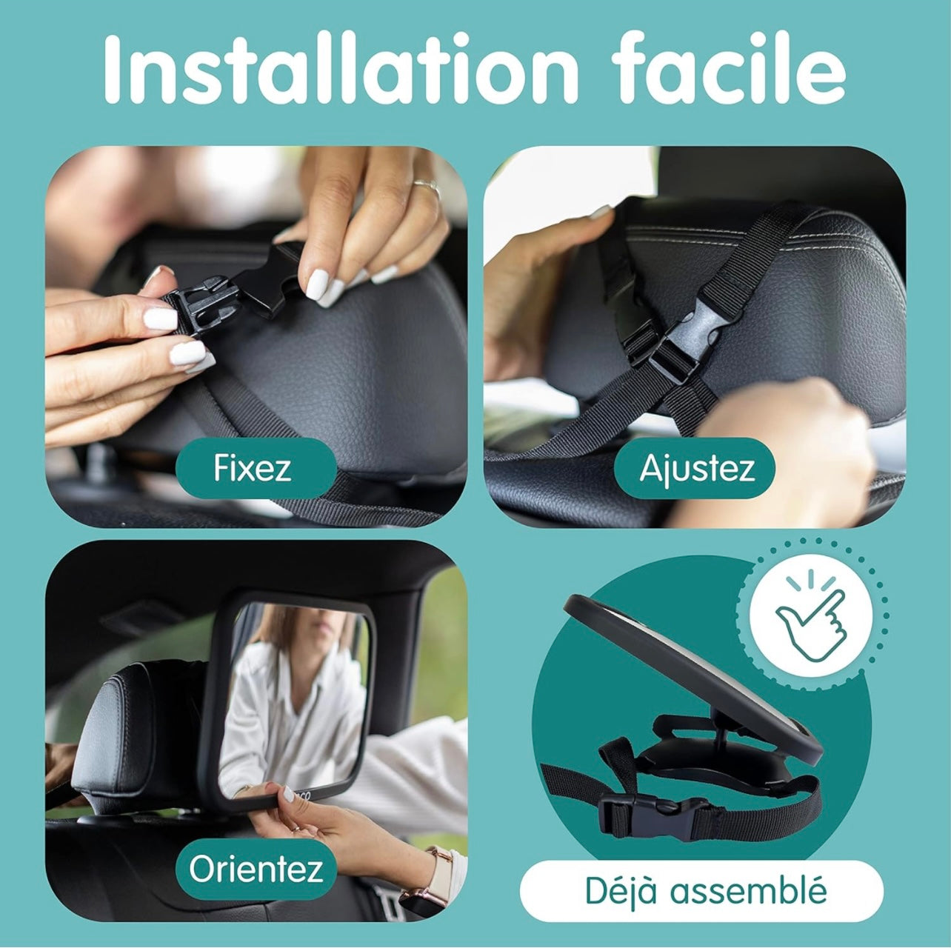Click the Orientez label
(x=256, y=869)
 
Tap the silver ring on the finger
(x=427, y=187)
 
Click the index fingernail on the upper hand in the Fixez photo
(x=317, y=284)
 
